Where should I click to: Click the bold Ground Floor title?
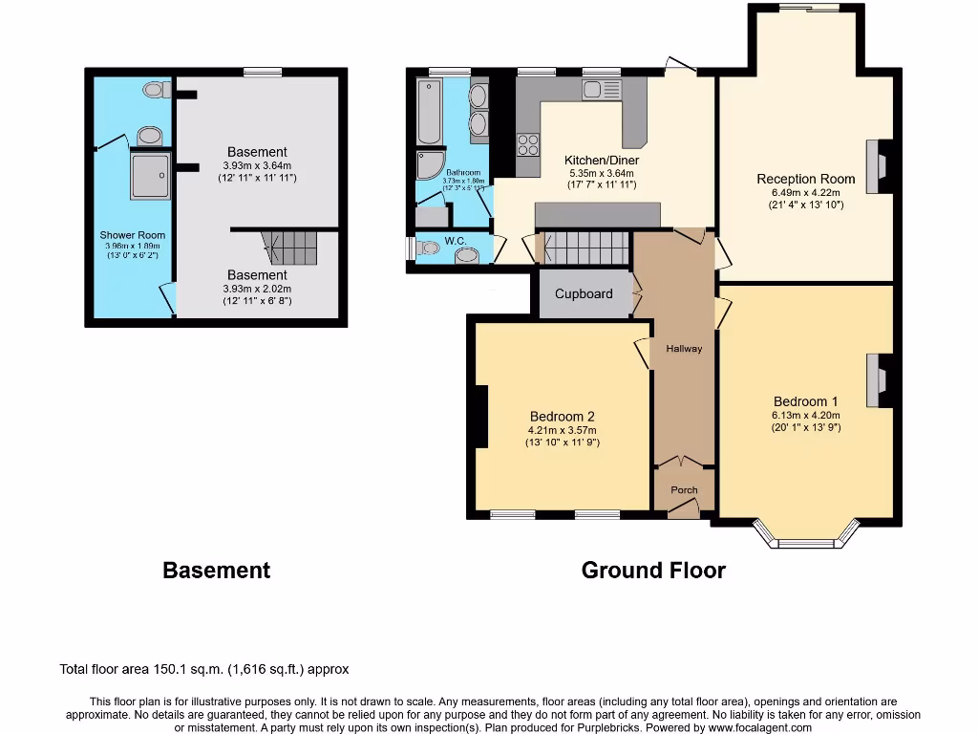pyautogui.click(x=653, y=571)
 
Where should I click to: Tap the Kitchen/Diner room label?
pyautogui.click(x=602, y=161)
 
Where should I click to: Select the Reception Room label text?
pyautogui.click(x=800, y=179)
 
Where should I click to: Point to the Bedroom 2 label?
pyautogui.click(x=563, y=417)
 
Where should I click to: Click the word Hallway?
pyautogui.click(x=684, y=349)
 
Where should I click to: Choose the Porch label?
pyautogui.click(x=684, y=490)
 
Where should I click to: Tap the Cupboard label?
pyautogui.click(x=584, y=294)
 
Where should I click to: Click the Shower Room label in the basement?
pyautogui.click(x=133, y=235)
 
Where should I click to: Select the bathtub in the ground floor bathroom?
pyautogui.click(x=429, y=111)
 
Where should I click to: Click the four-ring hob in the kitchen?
pyautogui.click(x=528, y=144)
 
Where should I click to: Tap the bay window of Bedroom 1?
pyautogui.click(x=805, y=536)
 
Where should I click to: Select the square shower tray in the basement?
pyautogui.click(x=151, y=175)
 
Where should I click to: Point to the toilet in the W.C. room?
pyautogui.click(x=430, y=248)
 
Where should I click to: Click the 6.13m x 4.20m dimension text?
pyautogui.click(x=806, y=416)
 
